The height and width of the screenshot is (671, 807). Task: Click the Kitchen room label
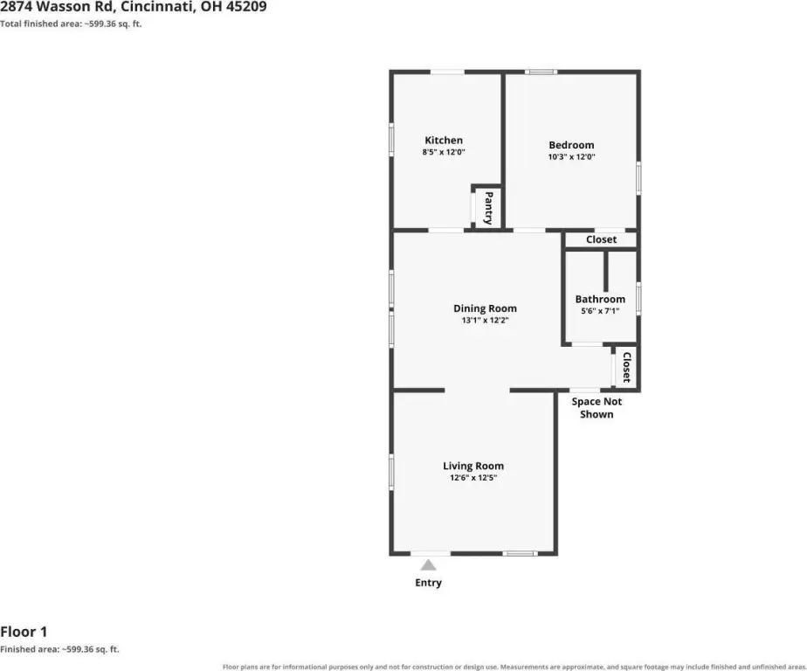tap(444, 140)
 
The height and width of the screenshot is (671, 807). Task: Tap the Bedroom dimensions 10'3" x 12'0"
tap(571, 157)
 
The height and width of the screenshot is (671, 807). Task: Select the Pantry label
tap(488, 208)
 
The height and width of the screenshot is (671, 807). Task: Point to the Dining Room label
tap(485, 308)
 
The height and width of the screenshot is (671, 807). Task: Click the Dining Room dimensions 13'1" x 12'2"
tap(485, 321)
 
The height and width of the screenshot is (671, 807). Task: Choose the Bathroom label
tap(600, 299)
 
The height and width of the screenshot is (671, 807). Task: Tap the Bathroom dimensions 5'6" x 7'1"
tap(600, 311)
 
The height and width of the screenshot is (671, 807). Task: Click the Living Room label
tap(473, 466)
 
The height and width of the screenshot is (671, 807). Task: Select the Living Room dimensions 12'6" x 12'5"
tap(473, 478)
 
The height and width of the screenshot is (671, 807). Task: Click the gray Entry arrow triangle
tap(428, 565)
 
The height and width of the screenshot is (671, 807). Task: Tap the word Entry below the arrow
tap(428, 583)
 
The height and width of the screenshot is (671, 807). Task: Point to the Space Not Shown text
tap(597, 408)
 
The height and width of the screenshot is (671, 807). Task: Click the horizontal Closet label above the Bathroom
tap(601, 239)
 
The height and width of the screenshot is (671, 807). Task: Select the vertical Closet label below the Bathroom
tap(627, 367)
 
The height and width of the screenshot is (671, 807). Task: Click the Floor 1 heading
tap(24, 632)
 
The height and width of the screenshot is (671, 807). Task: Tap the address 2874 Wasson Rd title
tap(134, 7)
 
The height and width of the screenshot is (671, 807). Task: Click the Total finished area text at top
tap(71, 24)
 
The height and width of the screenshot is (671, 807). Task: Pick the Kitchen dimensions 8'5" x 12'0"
tap(444, 152)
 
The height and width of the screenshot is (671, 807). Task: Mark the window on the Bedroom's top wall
tap(541, 73)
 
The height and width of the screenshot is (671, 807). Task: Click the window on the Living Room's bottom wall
tap(520, 554)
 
